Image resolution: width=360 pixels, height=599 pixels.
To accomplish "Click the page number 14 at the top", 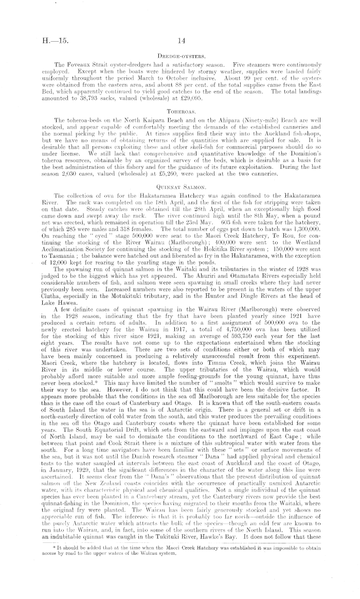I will (181, 38).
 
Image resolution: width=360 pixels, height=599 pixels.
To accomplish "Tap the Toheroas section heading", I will (180, 110).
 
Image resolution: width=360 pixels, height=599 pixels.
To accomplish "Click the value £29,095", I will (209, 96).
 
